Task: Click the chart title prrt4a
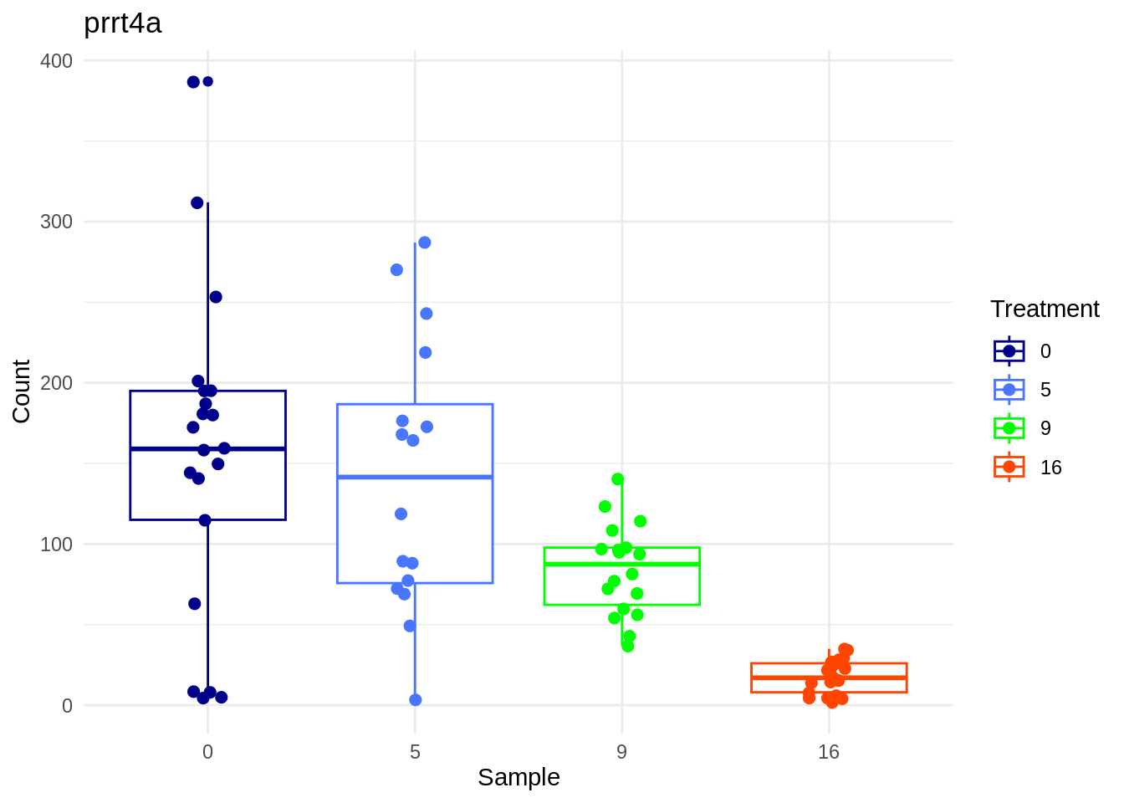coord(123,23)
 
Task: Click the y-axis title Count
coord(21,391)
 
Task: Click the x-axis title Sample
coord(519,777)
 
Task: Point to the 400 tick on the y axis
coord(56,61)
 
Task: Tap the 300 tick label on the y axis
coord(56,222)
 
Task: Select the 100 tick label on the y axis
coord(56,545)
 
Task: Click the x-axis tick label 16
coord(828,752)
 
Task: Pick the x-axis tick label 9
coord(621,752)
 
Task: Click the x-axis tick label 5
coord(415,752)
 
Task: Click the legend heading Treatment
coord(1045,309)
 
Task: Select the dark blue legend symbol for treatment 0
coord(1009,351)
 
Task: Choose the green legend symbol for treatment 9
coord(1009,428)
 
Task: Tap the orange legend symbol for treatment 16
coord(1009,467)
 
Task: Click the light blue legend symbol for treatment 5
coord(1009,390)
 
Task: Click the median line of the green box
coord(621,565)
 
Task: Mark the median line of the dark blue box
coord(207,449)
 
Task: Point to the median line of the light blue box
coord(415,477)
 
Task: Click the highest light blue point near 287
coord(424,243)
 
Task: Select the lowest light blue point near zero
coord(416,700)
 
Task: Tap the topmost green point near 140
coord(618,479)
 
